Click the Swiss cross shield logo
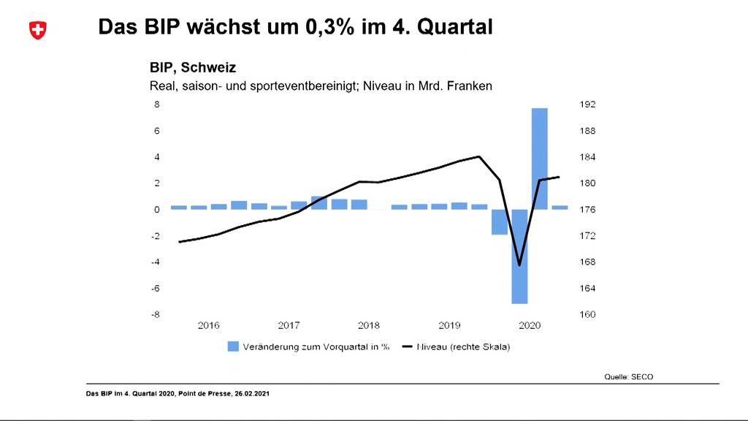coord(37,30)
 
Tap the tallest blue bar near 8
coord(540,159)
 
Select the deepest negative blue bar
coord(519,256)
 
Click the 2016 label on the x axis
coord(209,325)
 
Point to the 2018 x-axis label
coord(369,325)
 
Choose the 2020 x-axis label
coord(529,325)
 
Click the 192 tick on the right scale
coord(588,105)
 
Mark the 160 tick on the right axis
coord(588,315)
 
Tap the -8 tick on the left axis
coord(156,315)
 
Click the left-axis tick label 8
coord(156,105)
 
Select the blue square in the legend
coord(233,346)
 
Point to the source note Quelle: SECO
coord(628,376)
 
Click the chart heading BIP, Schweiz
coord(193,68)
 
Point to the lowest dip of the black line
coord(519,265)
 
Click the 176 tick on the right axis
coord(588,210)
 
